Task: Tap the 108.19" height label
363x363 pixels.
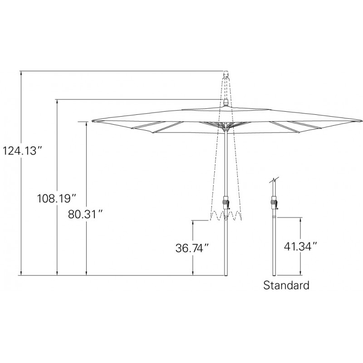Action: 57,198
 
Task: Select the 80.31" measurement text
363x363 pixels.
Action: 85,214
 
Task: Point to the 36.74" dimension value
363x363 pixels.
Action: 192,248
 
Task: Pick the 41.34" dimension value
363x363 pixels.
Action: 300,246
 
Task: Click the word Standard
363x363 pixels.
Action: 286,285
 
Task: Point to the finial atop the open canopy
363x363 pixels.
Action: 226,103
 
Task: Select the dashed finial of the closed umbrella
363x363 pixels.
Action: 226,75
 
